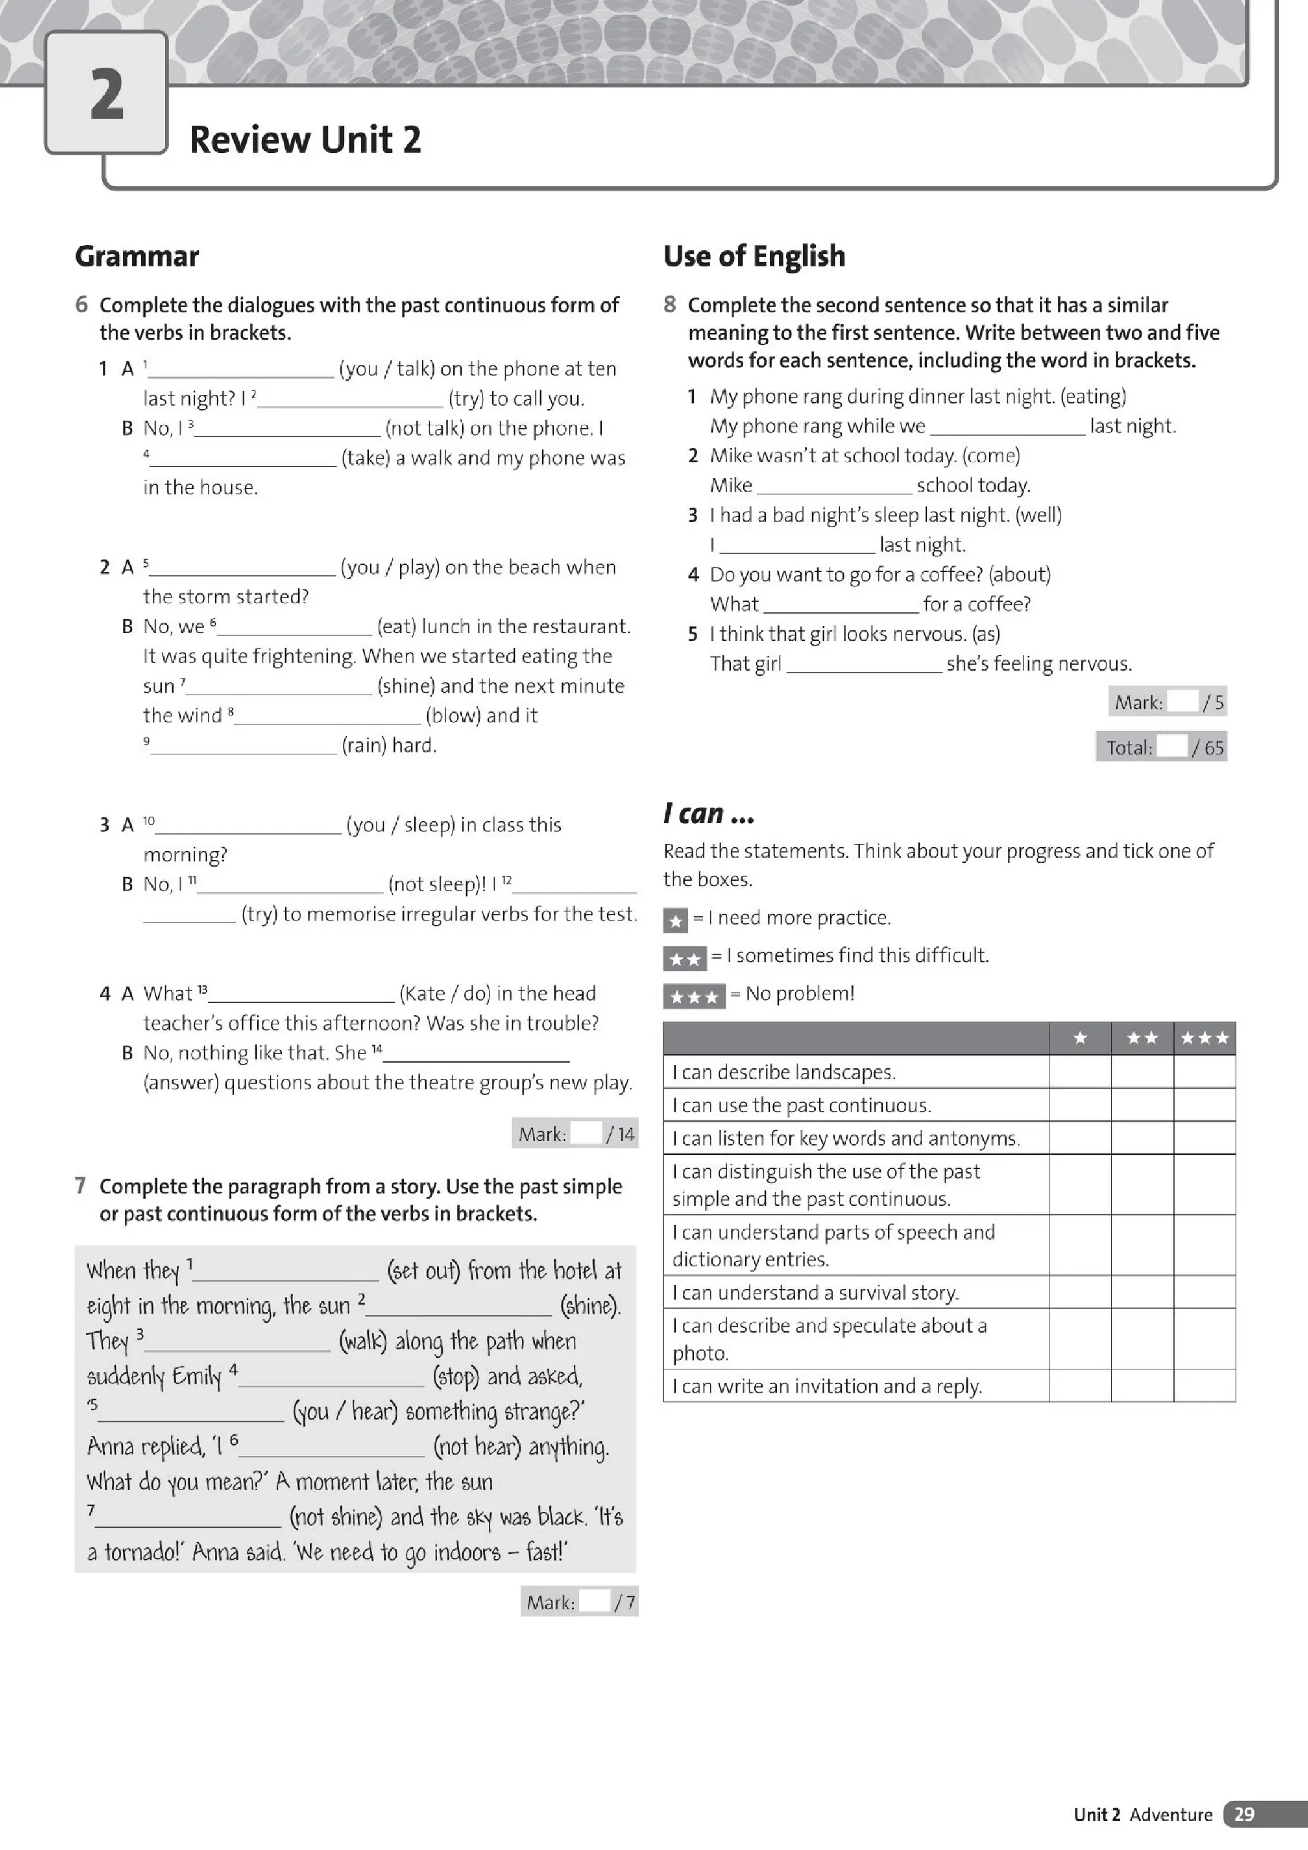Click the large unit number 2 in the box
[107, 95]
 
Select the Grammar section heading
[137, 256]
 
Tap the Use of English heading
[754, 256]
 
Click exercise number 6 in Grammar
[81, 305]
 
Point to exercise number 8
[670, 305]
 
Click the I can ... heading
[708, 814]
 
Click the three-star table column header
[1204, 1038]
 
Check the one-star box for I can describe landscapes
[1080, 1072]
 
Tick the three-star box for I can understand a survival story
[1204, 1292]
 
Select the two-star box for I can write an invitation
[1142, 1385]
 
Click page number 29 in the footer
[1243, 1813]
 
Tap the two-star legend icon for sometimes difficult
[684, 958]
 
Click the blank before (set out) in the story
[285, 1271]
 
